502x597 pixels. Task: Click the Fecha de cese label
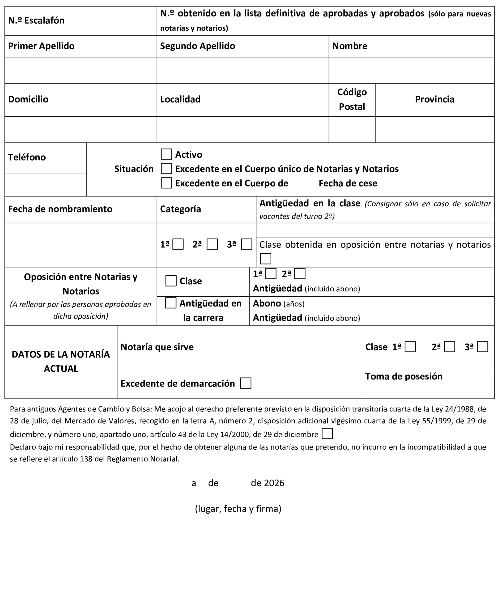[348, 183]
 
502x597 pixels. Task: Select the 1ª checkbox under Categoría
[178, 244]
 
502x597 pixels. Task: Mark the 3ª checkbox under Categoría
[247, 244]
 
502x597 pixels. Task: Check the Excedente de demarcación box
[246, 383]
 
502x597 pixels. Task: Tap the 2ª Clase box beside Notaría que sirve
[449, 347]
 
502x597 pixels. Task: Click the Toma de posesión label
[404, 376]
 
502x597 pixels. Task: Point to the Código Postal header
[352, 99]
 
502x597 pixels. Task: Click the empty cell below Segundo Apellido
[242, 70]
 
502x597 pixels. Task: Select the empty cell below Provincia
[434, 129]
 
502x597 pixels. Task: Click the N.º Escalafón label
[36, 21]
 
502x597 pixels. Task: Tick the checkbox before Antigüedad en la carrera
[171, 303]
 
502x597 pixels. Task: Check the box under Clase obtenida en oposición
[265, 259]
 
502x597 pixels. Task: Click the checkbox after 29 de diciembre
[327, 433]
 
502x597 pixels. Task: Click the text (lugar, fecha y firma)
[238, 508]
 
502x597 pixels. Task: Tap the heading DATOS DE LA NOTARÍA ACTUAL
[61, 361]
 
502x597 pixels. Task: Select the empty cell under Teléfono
[46, 184]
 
